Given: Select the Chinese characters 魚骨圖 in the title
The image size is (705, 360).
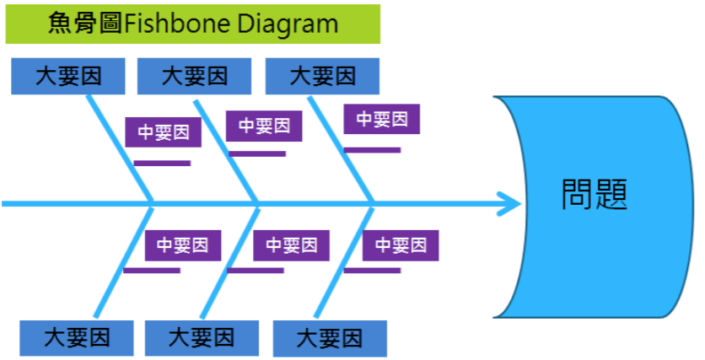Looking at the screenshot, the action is coord(85,24).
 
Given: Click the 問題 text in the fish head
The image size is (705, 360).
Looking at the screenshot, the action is coord(595,194).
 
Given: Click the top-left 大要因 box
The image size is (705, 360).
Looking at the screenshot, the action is coord(68,76).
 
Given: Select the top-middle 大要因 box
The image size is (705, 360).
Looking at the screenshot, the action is coord(194,76).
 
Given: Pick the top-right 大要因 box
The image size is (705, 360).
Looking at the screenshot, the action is coord(322,76).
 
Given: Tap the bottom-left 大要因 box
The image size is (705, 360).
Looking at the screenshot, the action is coord(77,338).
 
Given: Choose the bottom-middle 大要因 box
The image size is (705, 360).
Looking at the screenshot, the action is coord(202,338).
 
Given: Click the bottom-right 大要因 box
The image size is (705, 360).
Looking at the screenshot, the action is coord(330,338).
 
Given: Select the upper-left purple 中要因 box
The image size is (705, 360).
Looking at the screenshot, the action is coord(164,132).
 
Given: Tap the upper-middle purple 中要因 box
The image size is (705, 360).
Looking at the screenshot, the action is coord(264,126).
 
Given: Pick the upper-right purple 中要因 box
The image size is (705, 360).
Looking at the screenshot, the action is coord(382,119).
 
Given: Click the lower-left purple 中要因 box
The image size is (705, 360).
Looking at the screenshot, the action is coord(183,245).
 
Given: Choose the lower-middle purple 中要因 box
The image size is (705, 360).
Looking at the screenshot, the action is coord(291,245).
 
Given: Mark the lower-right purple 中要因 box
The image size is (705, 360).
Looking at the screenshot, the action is coord(401,245).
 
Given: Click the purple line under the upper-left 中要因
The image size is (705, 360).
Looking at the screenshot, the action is coord(162,164).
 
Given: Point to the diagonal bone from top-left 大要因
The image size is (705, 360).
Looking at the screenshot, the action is coord(120,148).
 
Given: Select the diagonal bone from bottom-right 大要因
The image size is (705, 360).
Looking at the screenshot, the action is coord(344,261).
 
